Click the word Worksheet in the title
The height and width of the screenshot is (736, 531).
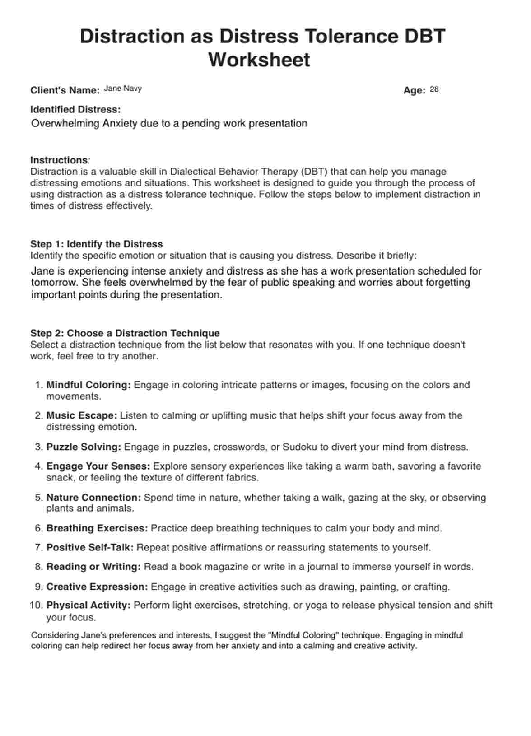[259, 60]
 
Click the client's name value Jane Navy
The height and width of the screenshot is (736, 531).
[122, 89]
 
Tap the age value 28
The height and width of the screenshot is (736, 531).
[434, 89]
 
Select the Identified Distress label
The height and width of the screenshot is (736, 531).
[75, 110]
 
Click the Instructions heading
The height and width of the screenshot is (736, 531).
[59, 160]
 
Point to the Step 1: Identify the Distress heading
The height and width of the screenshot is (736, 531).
[96, 244]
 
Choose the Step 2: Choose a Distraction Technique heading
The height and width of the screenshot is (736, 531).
[125, 333]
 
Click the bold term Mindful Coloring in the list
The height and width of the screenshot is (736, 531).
[88, 385]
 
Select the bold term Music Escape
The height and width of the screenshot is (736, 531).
[82, 415]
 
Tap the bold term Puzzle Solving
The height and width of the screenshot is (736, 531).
[84, 447]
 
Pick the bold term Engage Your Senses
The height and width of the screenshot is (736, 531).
[98, 466]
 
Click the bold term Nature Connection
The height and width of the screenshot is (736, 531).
[94, 498]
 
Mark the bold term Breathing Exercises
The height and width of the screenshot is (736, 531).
[97, 528]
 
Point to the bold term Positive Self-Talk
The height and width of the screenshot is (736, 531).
[90, 548]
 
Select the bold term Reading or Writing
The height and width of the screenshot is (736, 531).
[93, 567]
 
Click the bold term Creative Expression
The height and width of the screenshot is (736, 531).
[97, 587]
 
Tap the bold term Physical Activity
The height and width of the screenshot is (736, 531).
[88, 605]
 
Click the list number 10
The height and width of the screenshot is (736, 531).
[36, 605]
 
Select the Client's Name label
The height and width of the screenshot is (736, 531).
[65, 90]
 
